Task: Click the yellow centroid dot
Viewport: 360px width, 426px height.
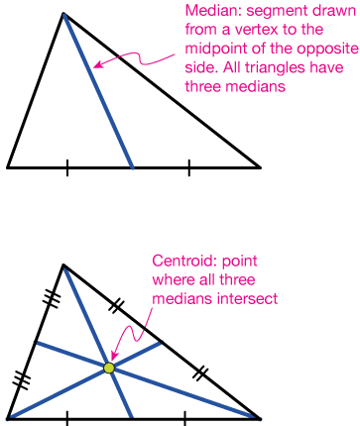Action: point(109,369)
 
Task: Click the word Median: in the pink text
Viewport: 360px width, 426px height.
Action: point(212,11)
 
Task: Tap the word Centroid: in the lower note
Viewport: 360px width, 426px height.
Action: point(181,262)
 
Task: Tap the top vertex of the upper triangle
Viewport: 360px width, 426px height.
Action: point(62,14)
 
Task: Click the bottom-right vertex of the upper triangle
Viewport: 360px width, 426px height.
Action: point(260,167)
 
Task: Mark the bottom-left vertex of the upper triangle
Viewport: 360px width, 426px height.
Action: point(8,167)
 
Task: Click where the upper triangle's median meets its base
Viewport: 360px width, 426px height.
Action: point(132,167)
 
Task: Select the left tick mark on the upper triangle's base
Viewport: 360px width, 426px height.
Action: point(67,167)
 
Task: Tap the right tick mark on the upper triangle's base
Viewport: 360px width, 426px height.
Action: point(189,167)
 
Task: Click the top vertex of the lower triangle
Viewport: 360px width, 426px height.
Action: point(62,265)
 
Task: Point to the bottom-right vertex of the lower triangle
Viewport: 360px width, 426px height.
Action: point(260,418)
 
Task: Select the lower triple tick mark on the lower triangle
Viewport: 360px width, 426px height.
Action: point(22,378)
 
